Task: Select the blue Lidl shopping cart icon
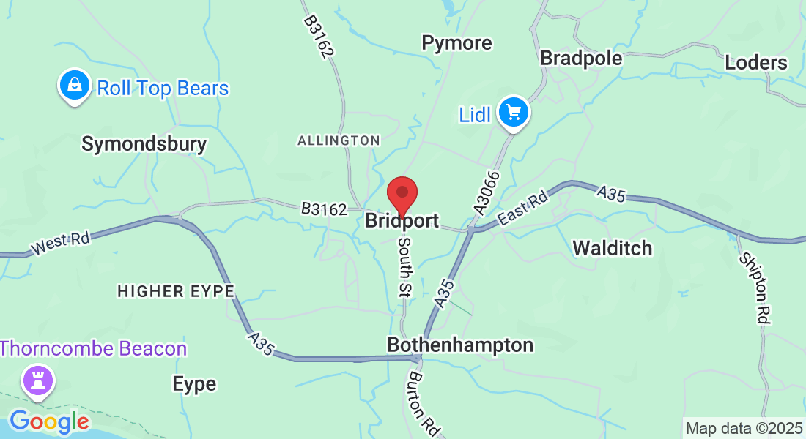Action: coord(514,113)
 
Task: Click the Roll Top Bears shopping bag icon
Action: coord(75,86)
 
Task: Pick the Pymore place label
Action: coord(456,43)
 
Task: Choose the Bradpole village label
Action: coord(581,58)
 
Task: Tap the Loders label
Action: coord(756,63)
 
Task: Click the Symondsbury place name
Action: coord(144,143)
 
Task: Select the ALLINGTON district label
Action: coord(339,140)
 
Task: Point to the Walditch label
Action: coord(612,248)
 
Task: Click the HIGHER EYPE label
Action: coord(176,291)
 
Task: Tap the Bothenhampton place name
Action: coord(460,345)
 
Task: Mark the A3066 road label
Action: coord(487,192)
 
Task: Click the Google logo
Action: coord(49,421)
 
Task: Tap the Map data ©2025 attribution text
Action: coord(743,428)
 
